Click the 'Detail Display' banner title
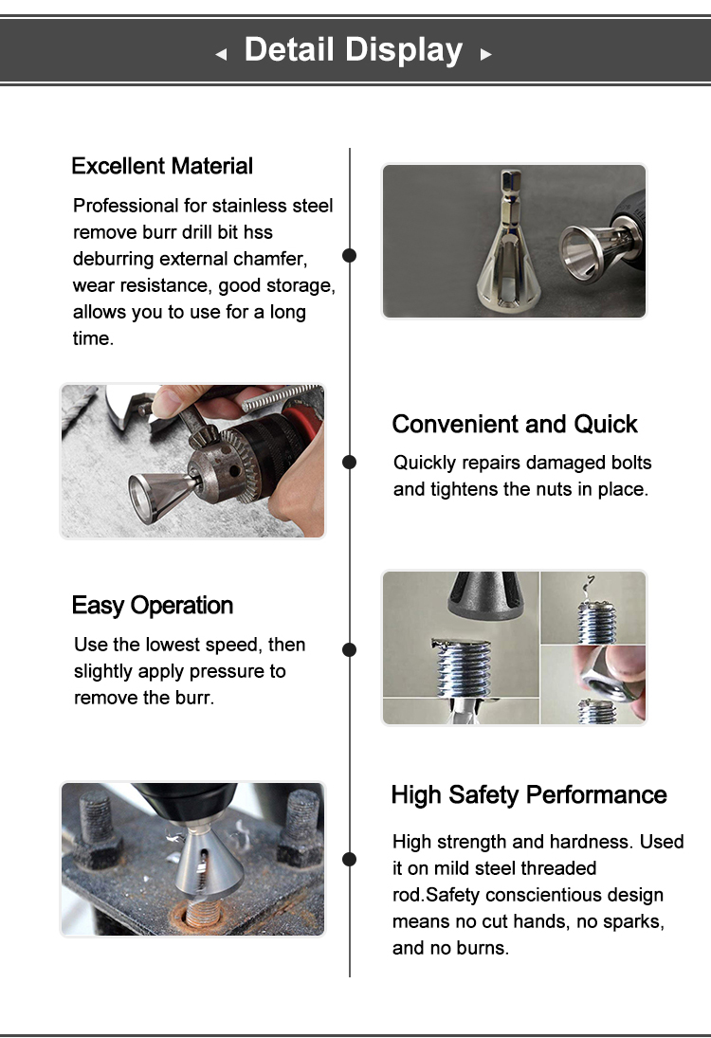pyautogui.click(x=354, y=49)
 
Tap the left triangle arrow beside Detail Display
pyautogui.click(x=221, y=55)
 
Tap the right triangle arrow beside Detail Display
pyautogui.click(x=485, y=55)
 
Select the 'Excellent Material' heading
pyautogui.click(x=162, y=166)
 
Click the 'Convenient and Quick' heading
pyautogui.click(x=515, y=424)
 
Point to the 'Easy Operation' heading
pyautogui.click(x=152, y=606)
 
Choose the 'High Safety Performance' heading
pyautogui.click(x=529, y=794)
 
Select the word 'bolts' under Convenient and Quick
pyautogui.click(x=630, y=463)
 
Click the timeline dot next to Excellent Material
pyautogui.click(x=349, y=255)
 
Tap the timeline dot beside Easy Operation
pyautogui.click(x=349, y=649)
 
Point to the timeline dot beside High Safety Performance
pyautogui.click(x=349, y=859)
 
